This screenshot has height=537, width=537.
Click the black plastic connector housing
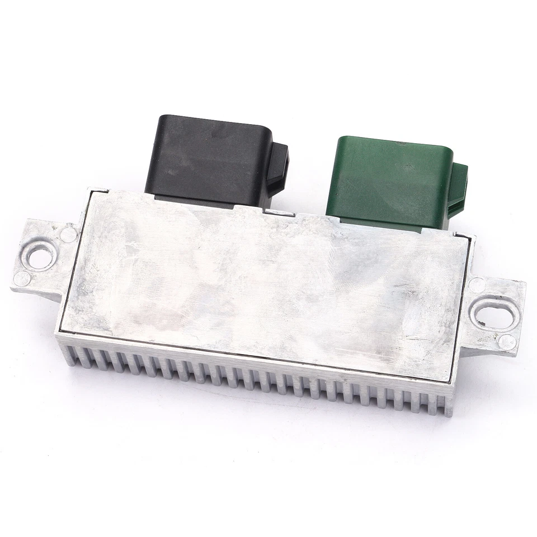207,157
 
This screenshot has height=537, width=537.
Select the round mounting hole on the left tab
39,258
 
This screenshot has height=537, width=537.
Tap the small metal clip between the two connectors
279,213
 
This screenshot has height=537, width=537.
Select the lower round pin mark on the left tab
22,278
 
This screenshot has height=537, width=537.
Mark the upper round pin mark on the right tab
477,285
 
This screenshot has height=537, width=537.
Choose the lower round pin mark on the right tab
507,342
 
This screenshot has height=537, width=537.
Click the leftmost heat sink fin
70,355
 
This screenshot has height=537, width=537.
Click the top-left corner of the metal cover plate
91,192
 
